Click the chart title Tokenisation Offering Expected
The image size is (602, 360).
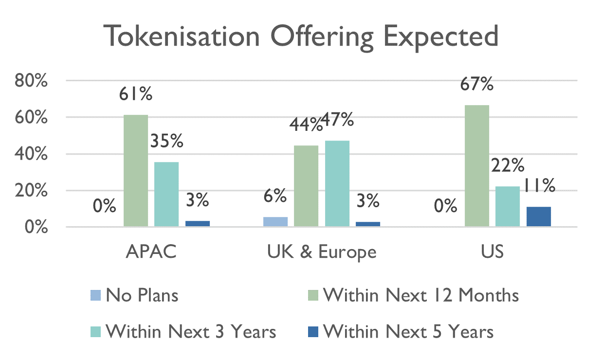[x=301, y=36]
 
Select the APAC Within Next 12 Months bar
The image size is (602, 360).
[x=136, y=171]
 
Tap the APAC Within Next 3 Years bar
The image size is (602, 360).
[x=166, y=194]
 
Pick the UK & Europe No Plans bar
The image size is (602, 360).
[x=275, y=222]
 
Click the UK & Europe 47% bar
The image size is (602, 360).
[x=337, y=183]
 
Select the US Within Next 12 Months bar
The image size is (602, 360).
[x=477, y=166]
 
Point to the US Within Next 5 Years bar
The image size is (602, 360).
[x=539, y=217]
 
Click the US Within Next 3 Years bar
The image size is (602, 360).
[x=508, y=206]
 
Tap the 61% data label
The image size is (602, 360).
[x=136, y=94]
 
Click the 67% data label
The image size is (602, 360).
[x=477, y=84]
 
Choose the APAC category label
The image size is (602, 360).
[x=151, y=252]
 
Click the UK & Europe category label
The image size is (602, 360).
[x=322, y=252]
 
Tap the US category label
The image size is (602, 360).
[x=492, y=252]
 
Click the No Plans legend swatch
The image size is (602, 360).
[x=96, y=295]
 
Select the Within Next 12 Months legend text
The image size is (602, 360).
[x=421, y=295]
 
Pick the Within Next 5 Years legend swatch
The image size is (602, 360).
[x=314, y=332]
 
